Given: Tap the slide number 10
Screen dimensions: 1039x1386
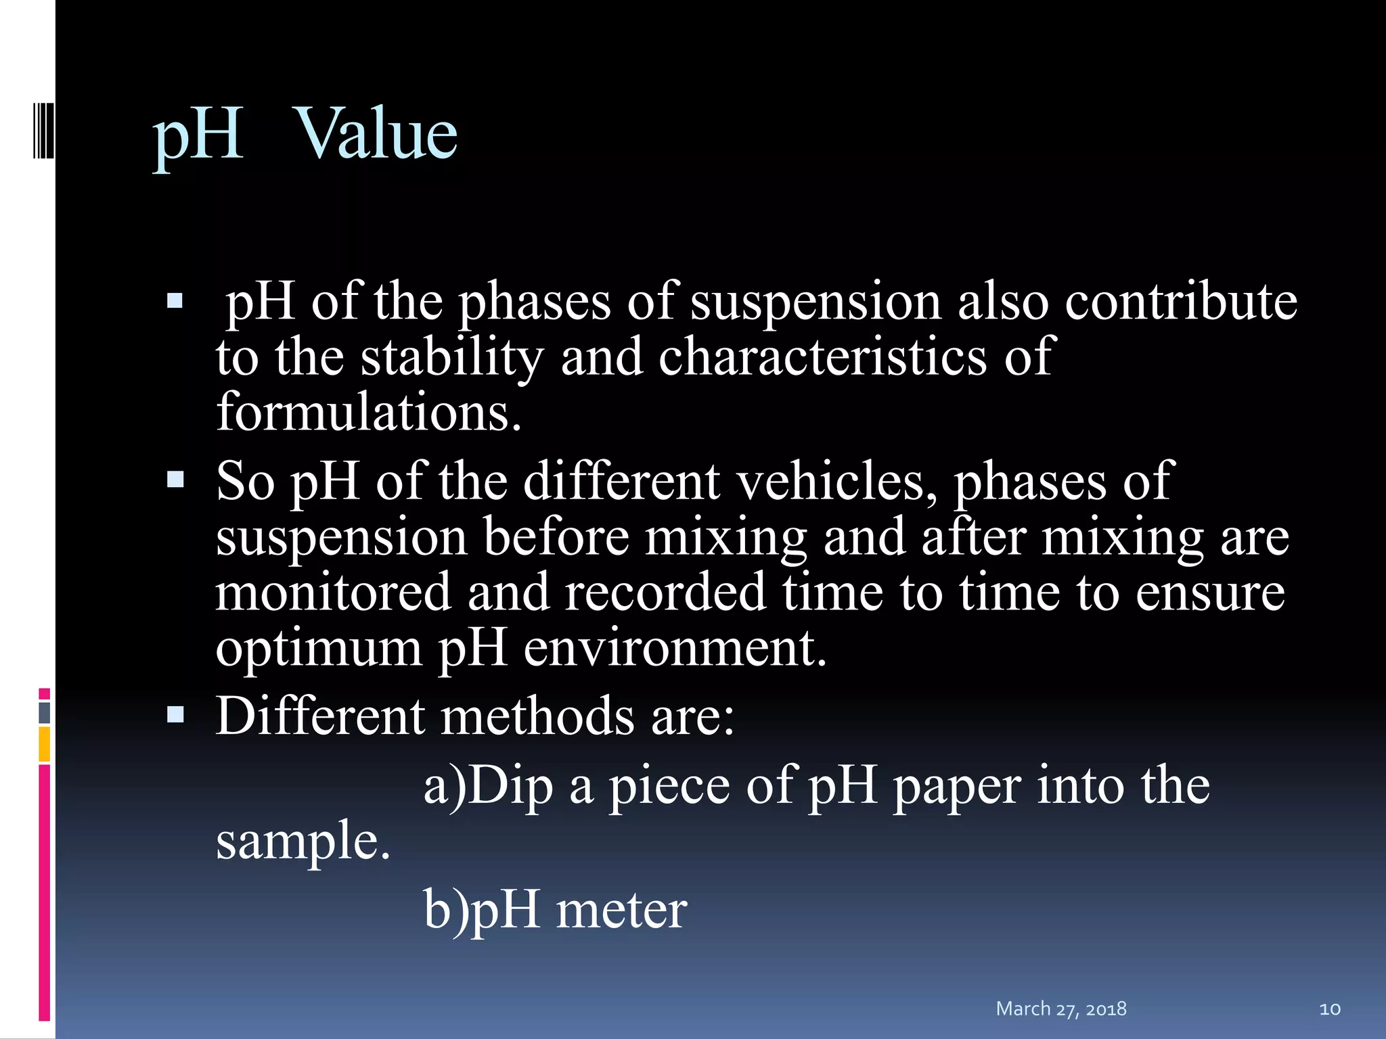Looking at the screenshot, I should (x=1329, y=1009).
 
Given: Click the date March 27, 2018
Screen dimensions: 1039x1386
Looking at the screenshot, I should (x=1060, y=1009).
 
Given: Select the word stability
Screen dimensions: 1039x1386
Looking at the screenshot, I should (x=451, y=357).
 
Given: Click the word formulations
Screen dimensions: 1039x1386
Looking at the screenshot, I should (x=369, y=412).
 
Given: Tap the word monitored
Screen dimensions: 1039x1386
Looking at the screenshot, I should (x=333, y=592).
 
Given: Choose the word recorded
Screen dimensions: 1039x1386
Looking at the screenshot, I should (x=665, y=592).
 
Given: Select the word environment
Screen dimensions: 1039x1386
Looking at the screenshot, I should (x=675, y=647).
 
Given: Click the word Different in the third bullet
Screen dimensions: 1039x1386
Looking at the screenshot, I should (x=320, y=716).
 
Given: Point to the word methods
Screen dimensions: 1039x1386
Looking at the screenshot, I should (x=537, y=716).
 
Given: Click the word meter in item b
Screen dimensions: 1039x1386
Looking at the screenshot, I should (x=621, y=910).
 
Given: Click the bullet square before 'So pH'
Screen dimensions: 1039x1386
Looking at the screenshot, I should (x=175, y=480).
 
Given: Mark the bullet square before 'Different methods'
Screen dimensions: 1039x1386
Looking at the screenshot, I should (x=175, y=715).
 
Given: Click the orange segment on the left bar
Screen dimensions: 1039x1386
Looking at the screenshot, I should (x=45, y=744).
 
